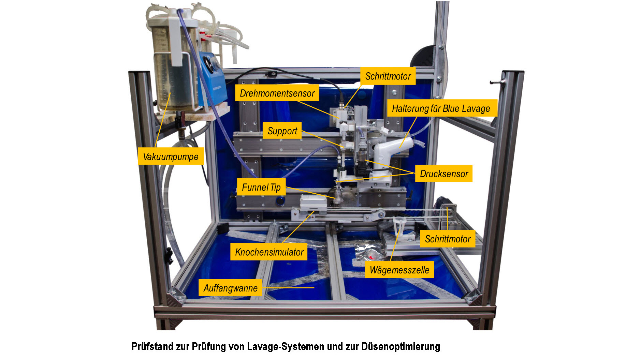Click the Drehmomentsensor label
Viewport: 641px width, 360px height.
pos(277,93)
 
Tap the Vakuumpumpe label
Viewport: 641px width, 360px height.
pos(171,156)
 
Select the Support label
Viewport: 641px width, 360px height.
pos(282,131)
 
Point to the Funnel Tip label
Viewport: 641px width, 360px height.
pos(261,187)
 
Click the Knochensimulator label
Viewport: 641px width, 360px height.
pos(269,252)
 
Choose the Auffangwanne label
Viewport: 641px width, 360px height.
pos(230,288)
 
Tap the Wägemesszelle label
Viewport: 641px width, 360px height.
pos(399,270)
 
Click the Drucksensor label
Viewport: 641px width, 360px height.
pos(443,174)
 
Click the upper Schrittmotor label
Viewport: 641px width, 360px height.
pos(388,76)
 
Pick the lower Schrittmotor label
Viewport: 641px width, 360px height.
pos(448,239)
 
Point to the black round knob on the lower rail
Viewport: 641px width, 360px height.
pos(280,201)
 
